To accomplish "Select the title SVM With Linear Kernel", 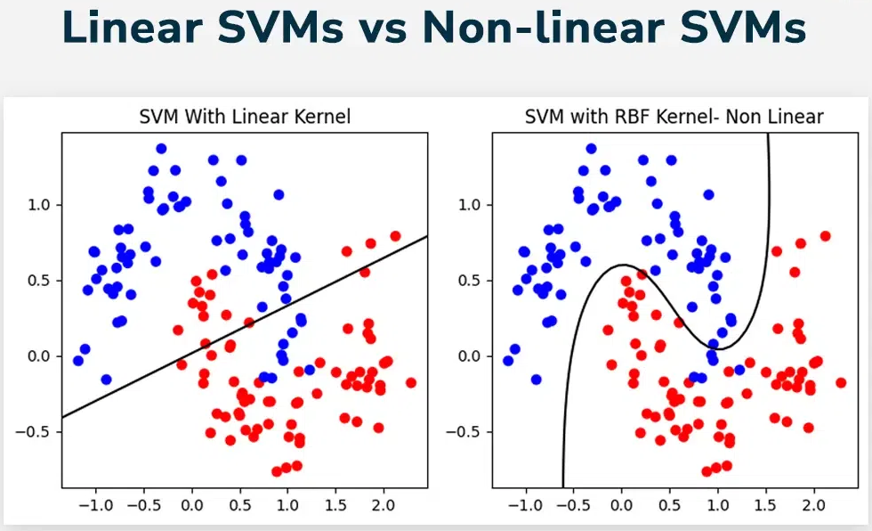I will [245, 117].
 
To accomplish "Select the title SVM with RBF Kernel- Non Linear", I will [674, 117].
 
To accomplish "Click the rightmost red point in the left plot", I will [410, 382].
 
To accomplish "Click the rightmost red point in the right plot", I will [841, 382].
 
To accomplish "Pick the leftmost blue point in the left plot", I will [77, 361].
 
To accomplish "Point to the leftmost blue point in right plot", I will [508, 361].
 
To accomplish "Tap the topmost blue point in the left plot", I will [161, 149].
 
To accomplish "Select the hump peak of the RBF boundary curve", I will [621, 265].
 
